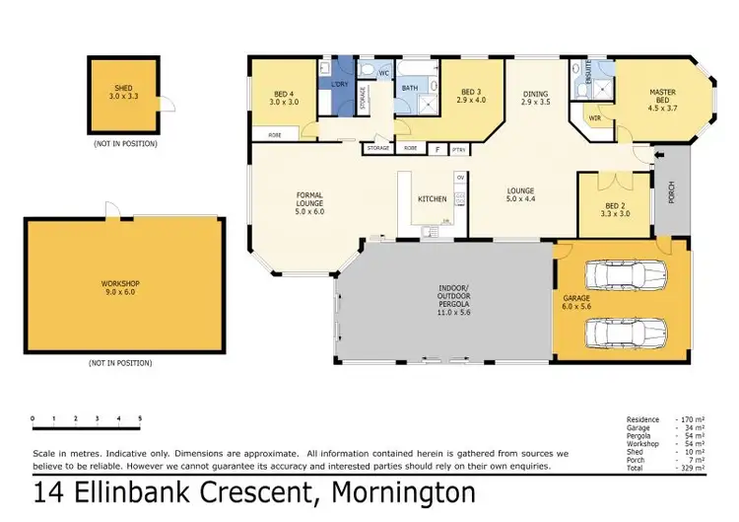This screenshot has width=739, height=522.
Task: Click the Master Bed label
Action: click(x=661, y=99)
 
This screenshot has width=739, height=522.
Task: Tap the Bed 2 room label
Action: click(x=615, y=211)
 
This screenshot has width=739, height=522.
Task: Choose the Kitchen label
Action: click(x=432, y=199)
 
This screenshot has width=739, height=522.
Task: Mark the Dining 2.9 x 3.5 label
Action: click(x=536, y=98)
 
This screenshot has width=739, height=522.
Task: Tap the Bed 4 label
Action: click(x=285, y=98)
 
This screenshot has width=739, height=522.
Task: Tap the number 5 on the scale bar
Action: click(x=140, y=418)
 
